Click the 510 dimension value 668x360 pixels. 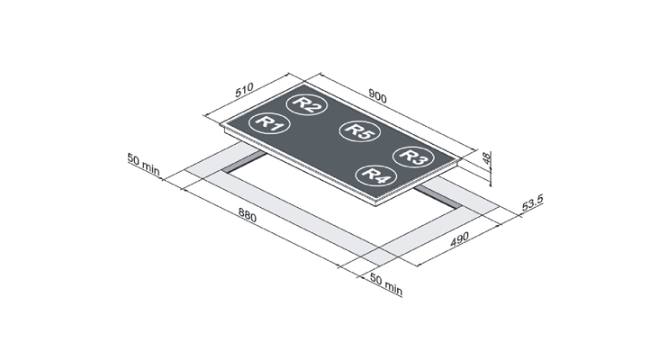click(x=244, y=90)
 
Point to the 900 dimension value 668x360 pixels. click(x=377, y=96)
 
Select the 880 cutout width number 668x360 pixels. click(x=247, y=215)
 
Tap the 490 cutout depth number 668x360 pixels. click(x=459, y=239)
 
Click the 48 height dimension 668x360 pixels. click(x=486, y=158)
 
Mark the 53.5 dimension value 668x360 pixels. click(x=533, y=202)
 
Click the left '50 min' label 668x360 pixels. click(x=143, y=164)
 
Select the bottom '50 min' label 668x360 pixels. click(x=386, y=284)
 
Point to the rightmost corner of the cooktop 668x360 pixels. click(x=461, y=158)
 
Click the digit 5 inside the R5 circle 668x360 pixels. click(x=366, y=134)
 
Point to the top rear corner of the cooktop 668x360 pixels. click(x=304, y=82)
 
